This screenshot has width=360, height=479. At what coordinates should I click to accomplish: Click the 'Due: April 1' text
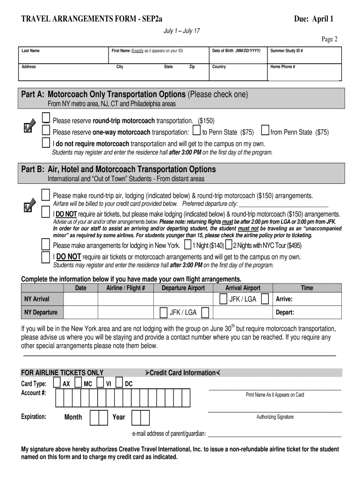click(x=313, y=19)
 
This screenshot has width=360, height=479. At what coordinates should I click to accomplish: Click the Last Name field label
click(x=31, y=51)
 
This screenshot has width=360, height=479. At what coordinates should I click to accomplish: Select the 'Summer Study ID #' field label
click(x=287, y=51)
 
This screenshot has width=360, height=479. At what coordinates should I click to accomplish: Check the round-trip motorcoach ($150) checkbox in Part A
click(x=46, y=117)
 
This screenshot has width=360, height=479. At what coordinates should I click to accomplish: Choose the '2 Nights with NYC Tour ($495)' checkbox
click(x=229, y=245)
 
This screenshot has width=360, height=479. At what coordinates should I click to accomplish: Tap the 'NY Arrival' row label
click(x=36, y=299)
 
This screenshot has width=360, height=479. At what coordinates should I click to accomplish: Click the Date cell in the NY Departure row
click(x=80, y=312)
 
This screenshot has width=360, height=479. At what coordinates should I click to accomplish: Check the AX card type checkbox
click(x=57, y=383)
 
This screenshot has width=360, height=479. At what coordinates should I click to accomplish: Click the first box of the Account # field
click(x=59, y=398)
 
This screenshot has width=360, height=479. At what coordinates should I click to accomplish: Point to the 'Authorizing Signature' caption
click(x=275, y=417)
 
